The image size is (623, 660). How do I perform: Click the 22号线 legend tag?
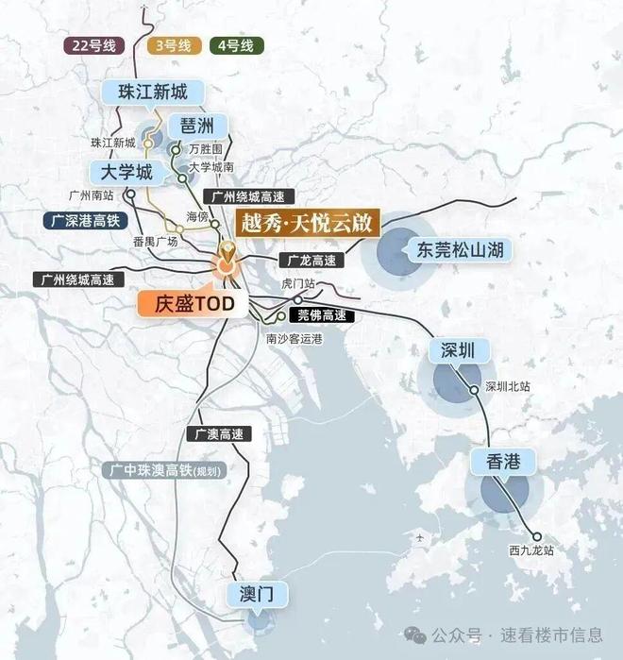click(93, 44)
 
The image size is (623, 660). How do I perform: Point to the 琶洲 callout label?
click(199, 125)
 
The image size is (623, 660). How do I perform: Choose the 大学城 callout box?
click(120, 172)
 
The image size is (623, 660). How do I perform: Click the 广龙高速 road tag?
click(309, 260)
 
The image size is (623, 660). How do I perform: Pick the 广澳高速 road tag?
click(219, 434)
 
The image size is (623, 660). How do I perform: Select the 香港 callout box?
click(503, 461)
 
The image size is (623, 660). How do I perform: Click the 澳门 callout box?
click(256, 594)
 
